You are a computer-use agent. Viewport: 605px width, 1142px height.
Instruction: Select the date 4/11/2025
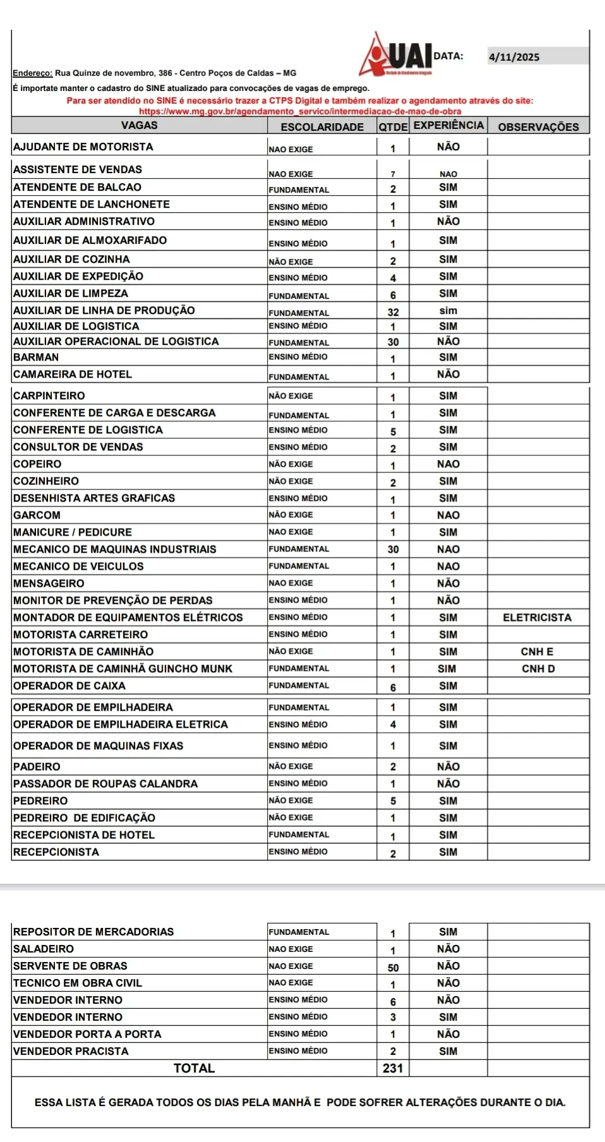point(514,57)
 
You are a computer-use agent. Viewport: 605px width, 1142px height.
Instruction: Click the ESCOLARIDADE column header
point(322,127)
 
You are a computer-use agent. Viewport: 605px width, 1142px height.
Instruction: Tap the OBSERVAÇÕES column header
point(538,127)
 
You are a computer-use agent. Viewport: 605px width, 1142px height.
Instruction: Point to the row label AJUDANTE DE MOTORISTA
point(83,147)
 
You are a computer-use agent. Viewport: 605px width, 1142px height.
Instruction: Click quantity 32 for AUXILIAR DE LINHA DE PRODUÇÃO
point(393,312)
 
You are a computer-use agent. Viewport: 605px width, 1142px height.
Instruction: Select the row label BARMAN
point(36,357)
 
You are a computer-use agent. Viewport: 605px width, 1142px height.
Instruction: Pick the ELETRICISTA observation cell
point(537,618)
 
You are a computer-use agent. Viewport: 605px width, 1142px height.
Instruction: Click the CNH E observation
point(537,652)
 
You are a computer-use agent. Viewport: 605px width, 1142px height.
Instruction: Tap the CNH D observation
point(538,669)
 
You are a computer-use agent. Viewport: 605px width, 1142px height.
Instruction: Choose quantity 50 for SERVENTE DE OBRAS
point(393,968)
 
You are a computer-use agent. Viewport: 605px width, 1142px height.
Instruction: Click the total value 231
point(393,1068)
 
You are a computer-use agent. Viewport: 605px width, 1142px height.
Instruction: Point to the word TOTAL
point(194,1068)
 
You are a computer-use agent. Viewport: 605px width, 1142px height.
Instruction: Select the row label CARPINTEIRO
point(49,396)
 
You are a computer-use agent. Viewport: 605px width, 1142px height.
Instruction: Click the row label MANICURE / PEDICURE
point(73,532)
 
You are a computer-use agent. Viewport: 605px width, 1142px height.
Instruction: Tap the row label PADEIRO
point(37,767)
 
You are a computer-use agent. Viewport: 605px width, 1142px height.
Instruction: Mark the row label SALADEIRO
point(43,949)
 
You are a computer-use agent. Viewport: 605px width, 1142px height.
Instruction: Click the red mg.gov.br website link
point(300,111)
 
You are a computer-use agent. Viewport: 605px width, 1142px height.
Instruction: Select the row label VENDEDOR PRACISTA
point(71,1051)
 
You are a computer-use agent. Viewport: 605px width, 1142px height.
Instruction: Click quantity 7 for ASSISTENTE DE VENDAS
point(393,174)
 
